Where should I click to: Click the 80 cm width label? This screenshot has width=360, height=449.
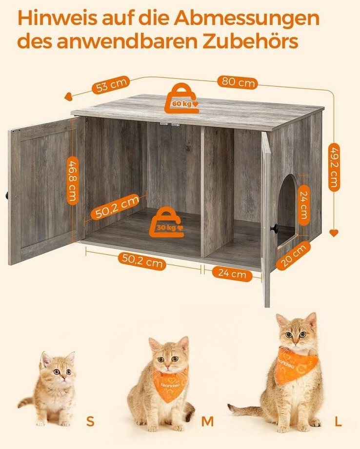238,82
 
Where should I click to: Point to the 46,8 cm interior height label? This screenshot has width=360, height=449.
73,180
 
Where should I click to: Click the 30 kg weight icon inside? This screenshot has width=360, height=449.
166,222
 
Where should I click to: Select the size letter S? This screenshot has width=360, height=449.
90,421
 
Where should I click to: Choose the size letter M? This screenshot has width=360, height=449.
207,421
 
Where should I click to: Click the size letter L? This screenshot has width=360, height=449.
338,421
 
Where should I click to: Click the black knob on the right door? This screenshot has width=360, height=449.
274,228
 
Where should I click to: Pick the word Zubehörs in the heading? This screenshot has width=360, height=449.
251,42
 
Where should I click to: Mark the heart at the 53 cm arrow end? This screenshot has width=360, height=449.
68,98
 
